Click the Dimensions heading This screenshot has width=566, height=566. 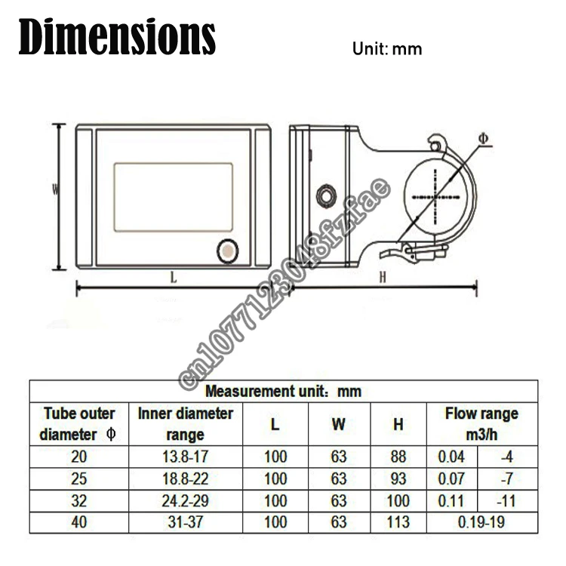[117, 37]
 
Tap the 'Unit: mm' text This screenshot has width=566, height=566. [387, 49]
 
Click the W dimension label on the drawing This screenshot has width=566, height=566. [55, 189]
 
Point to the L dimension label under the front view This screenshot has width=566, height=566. [174, 278]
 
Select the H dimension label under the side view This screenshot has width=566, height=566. [383, 277]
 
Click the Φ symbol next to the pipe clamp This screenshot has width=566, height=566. [483, 139]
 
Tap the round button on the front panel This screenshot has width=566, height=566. [227, 251]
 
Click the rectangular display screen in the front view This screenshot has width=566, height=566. [174, 197]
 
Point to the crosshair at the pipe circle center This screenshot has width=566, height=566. [435, 197]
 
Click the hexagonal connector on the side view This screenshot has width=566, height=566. [326, 196]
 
